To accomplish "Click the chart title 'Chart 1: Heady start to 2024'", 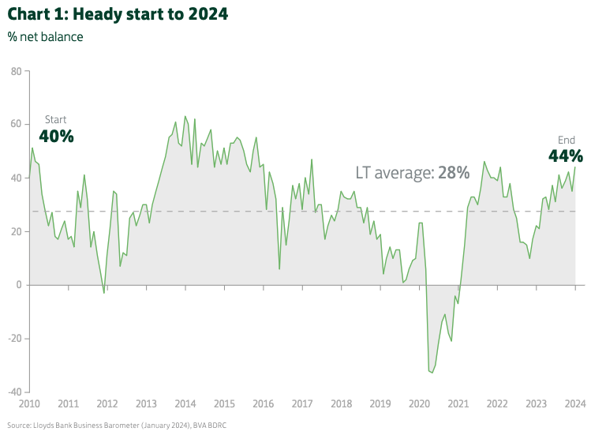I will (118, 15).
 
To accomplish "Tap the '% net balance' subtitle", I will (45, 36).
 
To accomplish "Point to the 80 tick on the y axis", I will (15, 71).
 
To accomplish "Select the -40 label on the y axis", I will (13, 392).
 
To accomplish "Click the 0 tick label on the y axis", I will (18, 285).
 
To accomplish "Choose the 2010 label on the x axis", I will (29, 404).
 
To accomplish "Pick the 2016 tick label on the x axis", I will (263, 404).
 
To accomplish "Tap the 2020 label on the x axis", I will (419, 404).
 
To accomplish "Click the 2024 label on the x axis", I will (574, 404).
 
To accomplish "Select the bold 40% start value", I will (56, 137).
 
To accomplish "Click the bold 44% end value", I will (566, 156).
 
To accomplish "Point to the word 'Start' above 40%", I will (55, 119).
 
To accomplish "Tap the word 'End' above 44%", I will (567, 140).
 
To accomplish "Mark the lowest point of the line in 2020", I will (432, 373).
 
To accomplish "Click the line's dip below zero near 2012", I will (103, 293).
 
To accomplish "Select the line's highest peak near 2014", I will (185, 116).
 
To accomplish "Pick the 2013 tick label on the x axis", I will (146, 404).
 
